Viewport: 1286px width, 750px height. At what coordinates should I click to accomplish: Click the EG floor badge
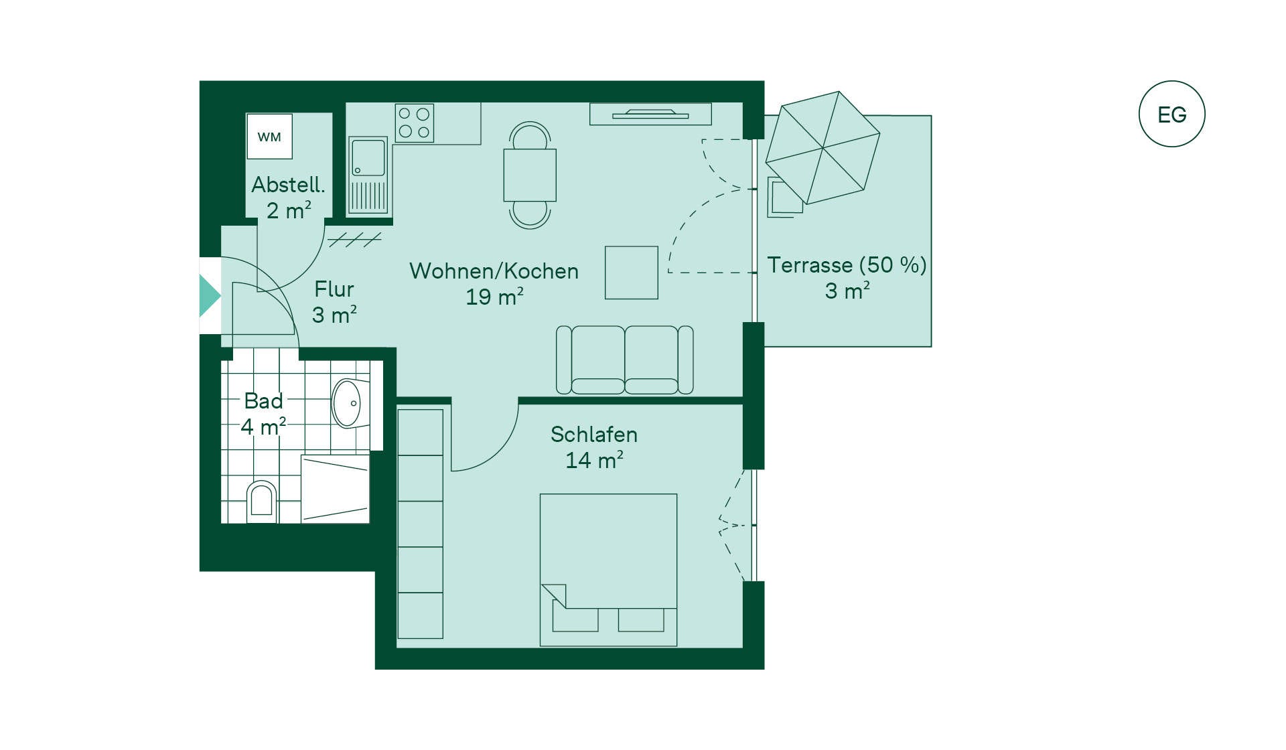coord(1171,114)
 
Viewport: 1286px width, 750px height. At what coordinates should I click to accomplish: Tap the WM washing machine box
coord(269,136)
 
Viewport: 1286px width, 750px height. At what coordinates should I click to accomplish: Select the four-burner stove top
coord(414,123)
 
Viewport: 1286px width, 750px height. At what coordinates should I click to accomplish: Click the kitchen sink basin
coord(368,157)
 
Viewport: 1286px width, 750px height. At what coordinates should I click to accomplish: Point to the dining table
coord(530,175)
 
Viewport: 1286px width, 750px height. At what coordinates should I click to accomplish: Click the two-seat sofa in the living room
coord(625,360)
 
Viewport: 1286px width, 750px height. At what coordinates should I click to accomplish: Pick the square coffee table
coord(632,273)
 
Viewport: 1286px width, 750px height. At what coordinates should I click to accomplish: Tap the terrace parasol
coord(823,148)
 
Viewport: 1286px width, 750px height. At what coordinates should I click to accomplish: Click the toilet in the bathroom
coord(261,501)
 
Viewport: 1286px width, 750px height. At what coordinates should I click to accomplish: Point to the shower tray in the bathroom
coord(335,489)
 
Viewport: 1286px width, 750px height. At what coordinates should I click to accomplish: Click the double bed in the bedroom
coord(608,570)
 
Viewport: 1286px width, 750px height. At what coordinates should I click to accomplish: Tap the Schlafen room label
coord(594,435)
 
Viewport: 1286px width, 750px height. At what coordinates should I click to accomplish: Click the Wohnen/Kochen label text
coord(494,271)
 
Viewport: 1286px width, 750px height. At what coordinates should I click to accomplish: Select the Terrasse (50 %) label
coord(847,265)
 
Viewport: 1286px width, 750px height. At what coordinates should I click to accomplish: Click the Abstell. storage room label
coord(288,185)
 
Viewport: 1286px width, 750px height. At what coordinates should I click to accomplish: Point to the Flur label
coord(334,289)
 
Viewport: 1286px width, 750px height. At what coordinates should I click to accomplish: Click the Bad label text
coord(263,401)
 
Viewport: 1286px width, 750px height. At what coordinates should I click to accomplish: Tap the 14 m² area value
coord(594,460)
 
